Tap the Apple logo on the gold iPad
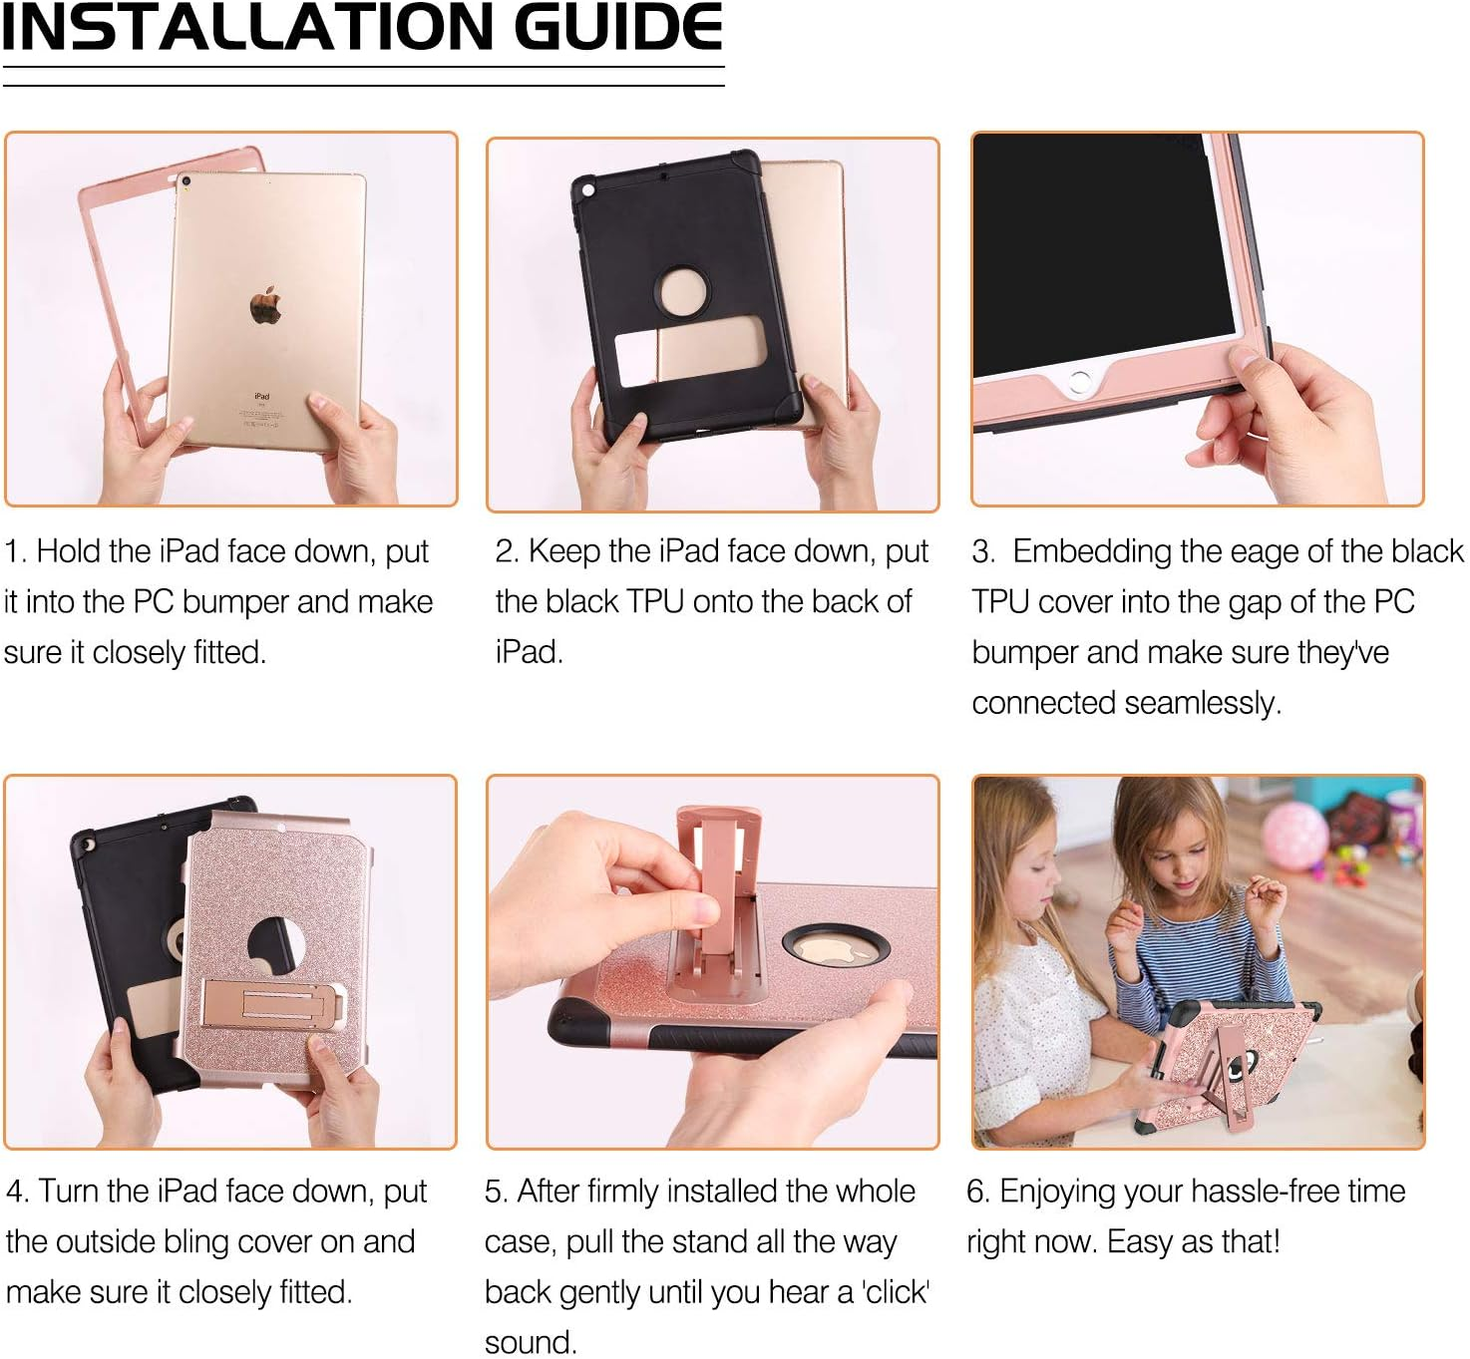pyautogui.click(x=265, y=305)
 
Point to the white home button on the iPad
pyautogui.click(x=1079, y=381)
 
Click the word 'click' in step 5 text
pyautogui.click(x=897, y=1292)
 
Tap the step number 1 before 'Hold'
pyautogui.click(x=11, y=551)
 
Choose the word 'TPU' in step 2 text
pyautogui.click(x=655, y=602)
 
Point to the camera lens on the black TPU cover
pyautogui.click(x=587, y=187)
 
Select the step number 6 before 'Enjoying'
pyautogui.click(x=976, y=1191)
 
